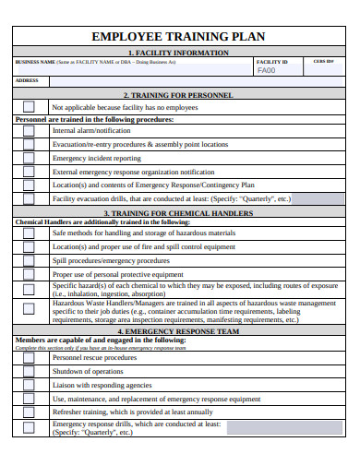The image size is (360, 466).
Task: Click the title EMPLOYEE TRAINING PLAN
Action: click(179, 37)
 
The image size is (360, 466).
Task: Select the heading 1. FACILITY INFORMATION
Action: click(179, 53)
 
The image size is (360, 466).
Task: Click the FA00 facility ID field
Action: click(267, 70)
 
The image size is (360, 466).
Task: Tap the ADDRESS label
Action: click(27, 80)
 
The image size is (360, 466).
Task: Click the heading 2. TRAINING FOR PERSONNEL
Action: click(179, 95)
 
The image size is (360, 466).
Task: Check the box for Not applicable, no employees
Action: click(29, 107)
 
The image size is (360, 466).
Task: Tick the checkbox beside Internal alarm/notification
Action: click(29, 131)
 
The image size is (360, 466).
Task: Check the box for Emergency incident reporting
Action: click(29, 158)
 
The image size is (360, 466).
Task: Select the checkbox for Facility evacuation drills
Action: click(29, 198)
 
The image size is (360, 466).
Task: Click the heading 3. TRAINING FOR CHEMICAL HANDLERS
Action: click(179, 212)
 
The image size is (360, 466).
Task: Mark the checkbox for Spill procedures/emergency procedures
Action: click(29, 260)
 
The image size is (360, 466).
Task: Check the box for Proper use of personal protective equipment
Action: click(29, 274)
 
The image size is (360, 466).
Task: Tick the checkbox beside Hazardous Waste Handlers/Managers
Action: click(29, 310)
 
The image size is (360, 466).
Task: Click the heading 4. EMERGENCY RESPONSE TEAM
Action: click(179, 331)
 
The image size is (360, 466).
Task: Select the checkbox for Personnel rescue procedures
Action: click(29, 357)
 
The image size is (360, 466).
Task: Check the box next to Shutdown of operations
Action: click(29, 371)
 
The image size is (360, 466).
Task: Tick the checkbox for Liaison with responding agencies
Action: click(29, 385)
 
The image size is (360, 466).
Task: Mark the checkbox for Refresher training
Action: click(29, 412)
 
